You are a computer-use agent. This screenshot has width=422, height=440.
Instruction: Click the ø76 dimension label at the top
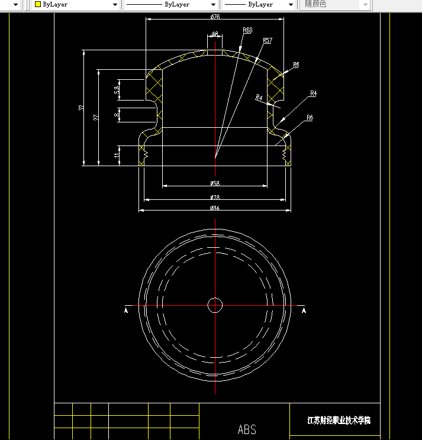pyautogui.click(x=215, y=16)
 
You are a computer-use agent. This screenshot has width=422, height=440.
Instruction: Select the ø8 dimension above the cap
pyautogui.click(x=214, y=34)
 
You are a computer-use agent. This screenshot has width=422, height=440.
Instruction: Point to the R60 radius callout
pyautogui.click(x=247, y=30)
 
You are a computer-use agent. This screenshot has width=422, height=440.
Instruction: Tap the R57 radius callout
pyautogui.click(x=267, y=40)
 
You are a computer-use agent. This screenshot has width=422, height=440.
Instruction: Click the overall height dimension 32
pyautogui.click(x=80, y=108)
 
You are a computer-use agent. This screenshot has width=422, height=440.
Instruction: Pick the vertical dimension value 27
pyautogui.click(x=96, y=117)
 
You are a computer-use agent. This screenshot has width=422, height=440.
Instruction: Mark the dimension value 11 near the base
pyautogui.click(x=117, y=156)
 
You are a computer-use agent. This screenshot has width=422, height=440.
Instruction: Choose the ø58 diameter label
pyautogui.click(x=215, y=183)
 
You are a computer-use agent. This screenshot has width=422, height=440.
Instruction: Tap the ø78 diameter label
pyautogui.click(x=215, y=197)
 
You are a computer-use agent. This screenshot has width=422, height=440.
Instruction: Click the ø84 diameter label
pyautogui.click(x=215, y=208)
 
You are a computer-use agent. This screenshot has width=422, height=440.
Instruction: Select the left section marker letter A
pyautogui.click(x=125, y=309)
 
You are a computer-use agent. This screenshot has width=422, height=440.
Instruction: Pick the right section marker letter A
pyautogui.click(x=304, y=309)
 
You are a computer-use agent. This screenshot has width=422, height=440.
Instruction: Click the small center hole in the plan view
pyautogui.click(x=215, y=305)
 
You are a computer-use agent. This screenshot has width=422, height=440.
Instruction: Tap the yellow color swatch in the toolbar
pyautogui.click(x=37, y=4)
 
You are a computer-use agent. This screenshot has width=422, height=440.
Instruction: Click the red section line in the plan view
pyautogui.click(x=178, y=306)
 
